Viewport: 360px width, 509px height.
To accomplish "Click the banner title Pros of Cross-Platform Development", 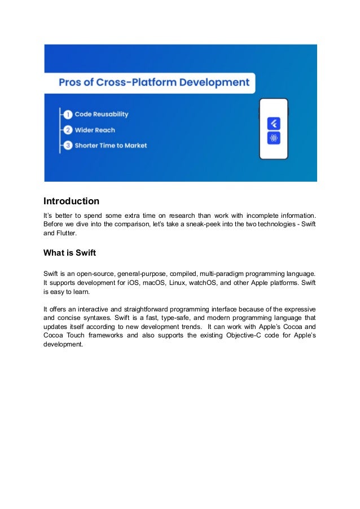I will click(154, 82).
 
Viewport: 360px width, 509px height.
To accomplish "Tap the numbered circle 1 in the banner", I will click(67, 114).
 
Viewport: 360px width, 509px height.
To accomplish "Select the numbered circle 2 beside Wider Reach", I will click(67, 130).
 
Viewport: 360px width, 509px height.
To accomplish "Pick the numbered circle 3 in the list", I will click(67, 146).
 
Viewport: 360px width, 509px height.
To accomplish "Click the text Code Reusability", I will click(102, 114).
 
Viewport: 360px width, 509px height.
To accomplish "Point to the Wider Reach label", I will click(94, 130).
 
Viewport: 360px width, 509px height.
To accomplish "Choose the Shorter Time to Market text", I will click(111, 146).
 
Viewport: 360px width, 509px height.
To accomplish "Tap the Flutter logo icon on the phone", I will click(274, 122).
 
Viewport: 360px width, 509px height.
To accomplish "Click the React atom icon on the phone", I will click(274, 138).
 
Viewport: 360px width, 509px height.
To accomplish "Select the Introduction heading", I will click(72, 201).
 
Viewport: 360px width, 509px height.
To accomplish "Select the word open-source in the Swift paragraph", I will click(90, 273).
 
